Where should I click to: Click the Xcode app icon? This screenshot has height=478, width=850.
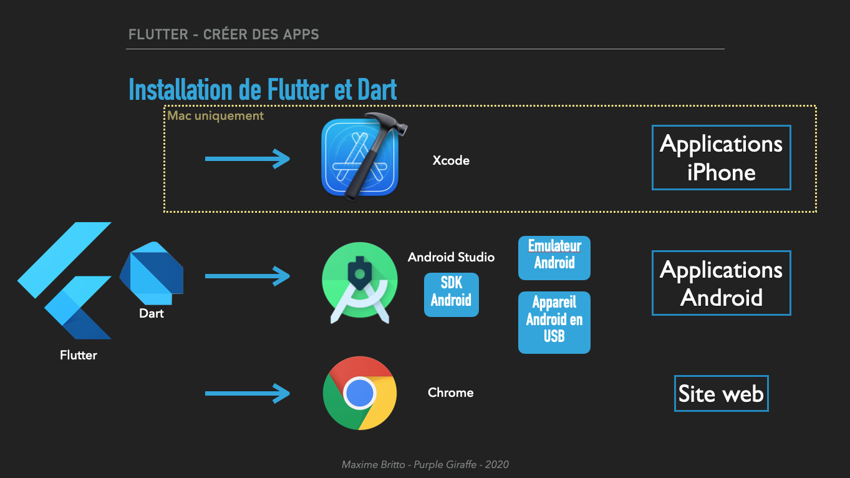pyautogui.click(x=360, y=157)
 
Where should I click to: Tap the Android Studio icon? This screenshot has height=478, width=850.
pyautogui.click(x=360, y=283)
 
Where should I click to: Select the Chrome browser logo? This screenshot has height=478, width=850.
pyautogui.click(x=360, y=393)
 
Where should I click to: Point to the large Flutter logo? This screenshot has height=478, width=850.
pyautogui.click(x=69, y=281)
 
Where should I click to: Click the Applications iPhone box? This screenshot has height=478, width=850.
pyautogui.click(x=721, y=158)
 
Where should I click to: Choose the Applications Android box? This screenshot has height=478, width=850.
pyautogui.click(x=721, y=283)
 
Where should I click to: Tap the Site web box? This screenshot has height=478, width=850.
pyautogui.click(x=721, y=394)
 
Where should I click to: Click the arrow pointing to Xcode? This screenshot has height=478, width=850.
pyautogui.click(x=248, y=159)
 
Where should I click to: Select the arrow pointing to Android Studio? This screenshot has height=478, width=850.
pyautogui.click(x=248, y=275)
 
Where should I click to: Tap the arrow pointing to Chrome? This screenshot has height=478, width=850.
pyautogui.click(x=248, y=393)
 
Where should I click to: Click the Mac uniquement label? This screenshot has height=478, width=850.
pyautogui.click(x=215, y=116)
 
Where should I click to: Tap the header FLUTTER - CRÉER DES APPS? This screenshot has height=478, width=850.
pyautogui.click(x=223, y=34)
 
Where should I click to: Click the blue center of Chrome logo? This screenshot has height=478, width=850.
pyautogui.click(x=360, y=393)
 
